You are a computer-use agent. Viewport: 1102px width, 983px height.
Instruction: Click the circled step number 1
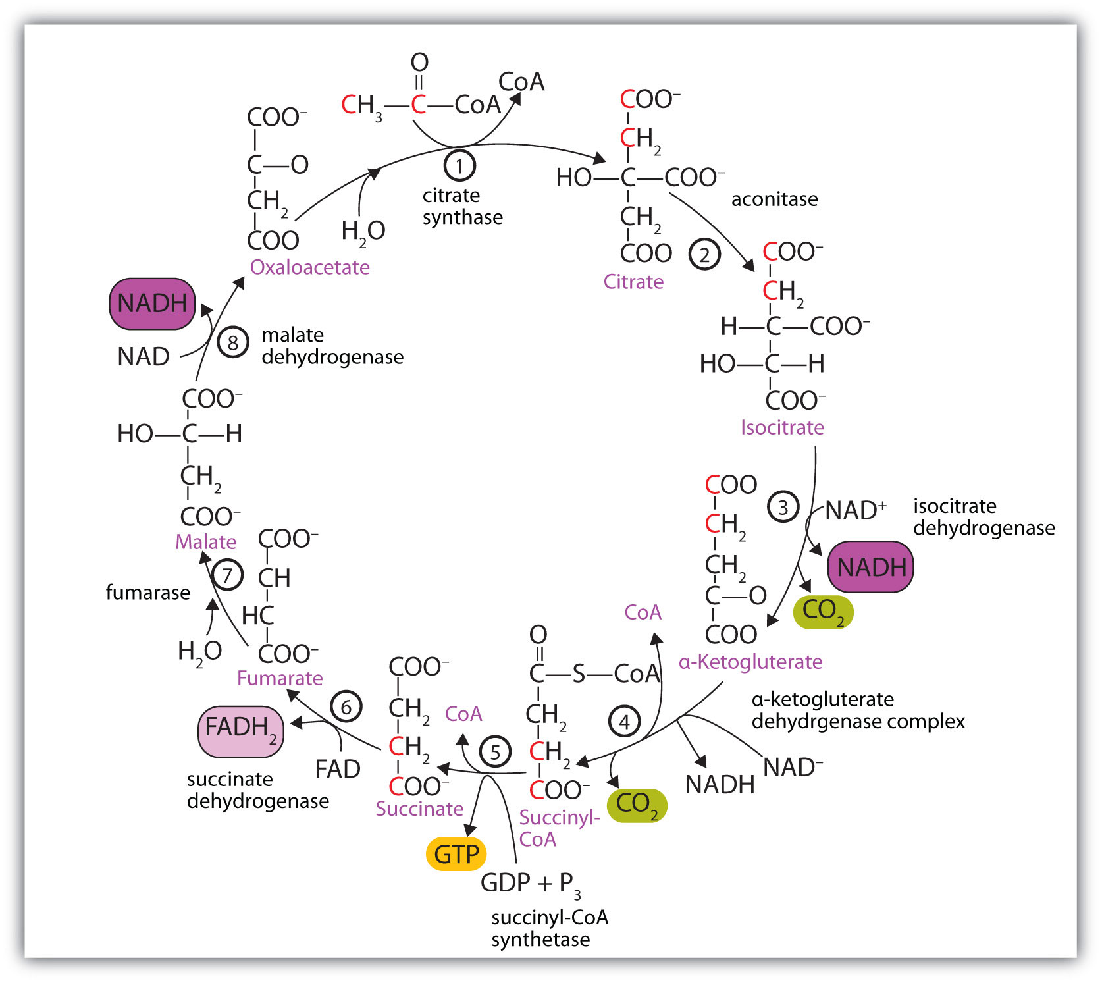point(459,166)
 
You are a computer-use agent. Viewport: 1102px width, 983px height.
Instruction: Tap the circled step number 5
point(495,751)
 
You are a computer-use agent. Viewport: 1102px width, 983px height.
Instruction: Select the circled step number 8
point(232,342)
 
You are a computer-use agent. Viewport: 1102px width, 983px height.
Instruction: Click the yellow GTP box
point(456,854)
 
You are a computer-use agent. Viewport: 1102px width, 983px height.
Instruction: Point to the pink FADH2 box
point(241,731)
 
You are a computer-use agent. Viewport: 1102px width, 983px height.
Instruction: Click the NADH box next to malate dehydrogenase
point(152,304)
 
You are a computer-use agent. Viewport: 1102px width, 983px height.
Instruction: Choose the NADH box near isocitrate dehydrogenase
point(870,567)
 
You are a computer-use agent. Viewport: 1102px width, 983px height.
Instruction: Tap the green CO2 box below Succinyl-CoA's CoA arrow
point(637,805)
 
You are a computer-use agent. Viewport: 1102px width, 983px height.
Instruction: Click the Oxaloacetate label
point(309,267)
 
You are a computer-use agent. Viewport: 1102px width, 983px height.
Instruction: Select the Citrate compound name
point(633,282)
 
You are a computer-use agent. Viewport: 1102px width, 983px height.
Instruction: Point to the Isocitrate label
point(782,427)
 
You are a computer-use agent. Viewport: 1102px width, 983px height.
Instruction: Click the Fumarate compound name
point(280,678)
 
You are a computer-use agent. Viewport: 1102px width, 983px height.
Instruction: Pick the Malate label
point(205,542)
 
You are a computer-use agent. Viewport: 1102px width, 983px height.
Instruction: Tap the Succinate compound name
point(419,809)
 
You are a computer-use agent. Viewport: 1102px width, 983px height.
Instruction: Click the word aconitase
point(774,199)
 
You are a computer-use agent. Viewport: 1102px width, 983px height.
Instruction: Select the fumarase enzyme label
point(148,593)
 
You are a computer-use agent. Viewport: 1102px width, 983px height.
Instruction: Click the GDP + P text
point(530,883)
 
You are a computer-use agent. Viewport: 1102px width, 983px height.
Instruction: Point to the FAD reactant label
point(338,769)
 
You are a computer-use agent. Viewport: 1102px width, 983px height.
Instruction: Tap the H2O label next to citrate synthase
point(363,231)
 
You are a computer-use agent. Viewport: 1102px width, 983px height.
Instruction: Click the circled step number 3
point(783,507)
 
